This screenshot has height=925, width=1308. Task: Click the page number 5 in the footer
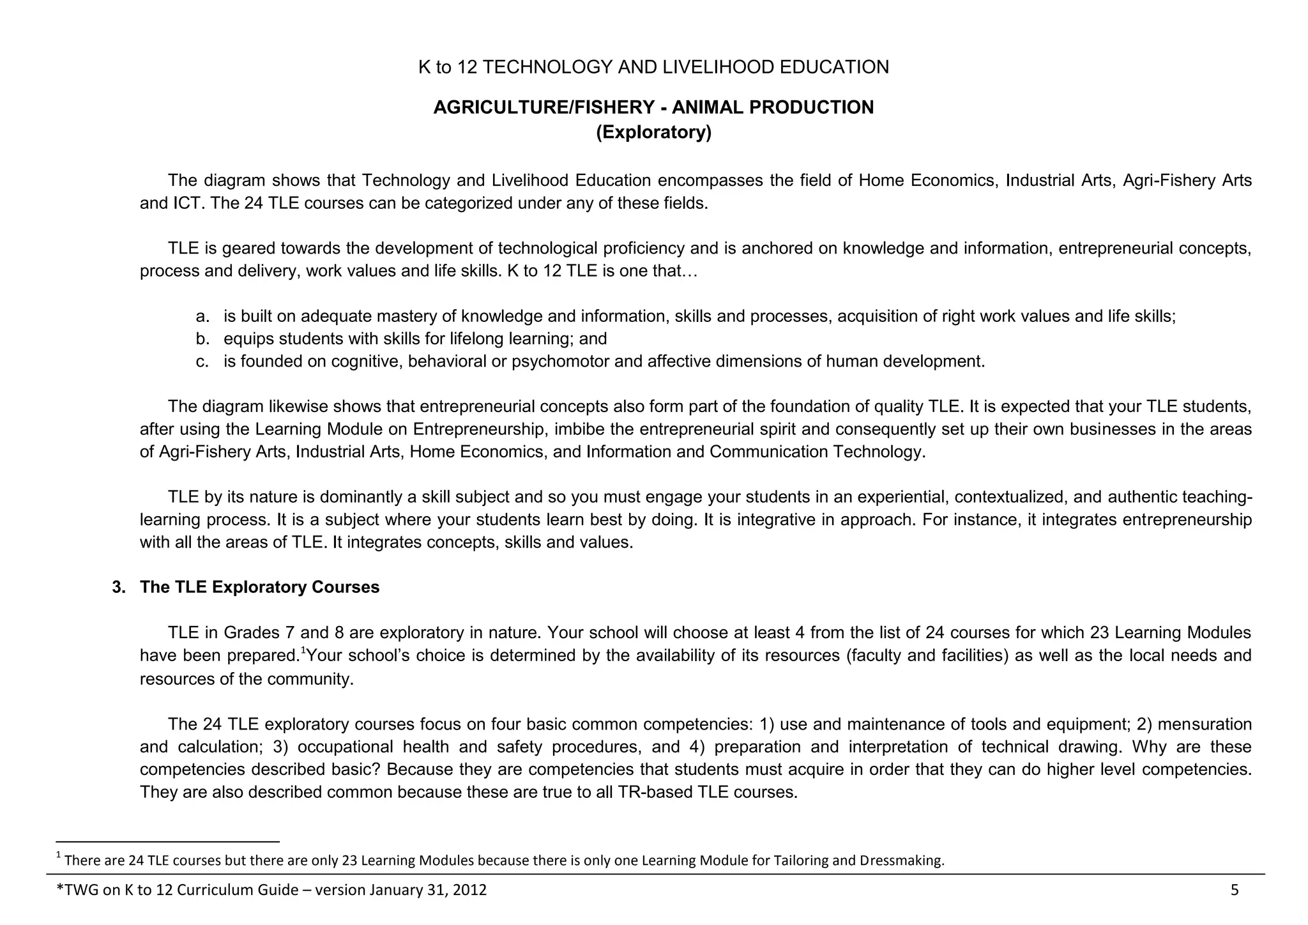click(1234, 890)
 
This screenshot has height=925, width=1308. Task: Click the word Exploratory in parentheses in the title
click(653, 132)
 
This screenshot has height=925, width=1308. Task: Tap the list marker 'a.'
click(202, 316)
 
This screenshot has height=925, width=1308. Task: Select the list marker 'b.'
click(202, 339)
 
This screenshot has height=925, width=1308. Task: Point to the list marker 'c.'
click(202, 362)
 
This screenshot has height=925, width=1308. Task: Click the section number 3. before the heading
click(119, 587)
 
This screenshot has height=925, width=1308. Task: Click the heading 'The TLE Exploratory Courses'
click(259, 587)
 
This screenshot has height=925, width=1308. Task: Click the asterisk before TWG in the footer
click(61, 889)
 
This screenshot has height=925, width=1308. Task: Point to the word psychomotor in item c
click(560, 362)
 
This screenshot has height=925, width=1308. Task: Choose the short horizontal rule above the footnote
click(168, 842)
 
